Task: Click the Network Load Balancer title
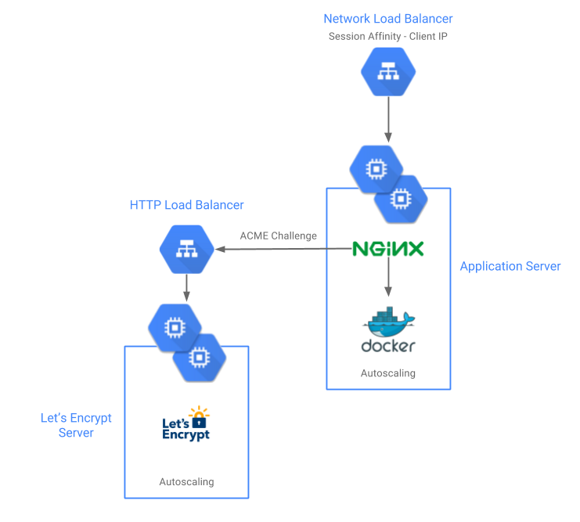tap(388, 19)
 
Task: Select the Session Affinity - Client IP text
tap(388, 36)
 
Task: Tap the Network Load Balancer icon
tap(388, 71)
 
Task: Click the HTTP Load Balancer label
tap(187, 205)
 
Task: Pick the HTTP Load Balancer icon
tap(187, 250)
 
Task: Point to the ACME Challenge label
tap(278, 236)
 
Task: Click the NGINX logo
tap(388, 249)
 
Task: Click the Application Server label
tap(510, 266)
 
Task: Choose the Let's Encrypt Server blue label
tap(76, 425)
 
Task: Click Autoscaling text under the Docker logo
tap(388, 373)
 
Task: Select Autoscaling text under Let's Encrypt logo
tap(186, 481)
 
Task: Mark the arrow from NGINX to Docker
tap(388, 278)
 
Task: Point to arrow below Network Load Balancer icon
tap(388, 121)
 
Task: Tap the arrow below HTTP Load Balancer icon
tap(186, 287)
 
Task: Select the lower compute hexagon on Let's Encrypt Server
tap(199, 357)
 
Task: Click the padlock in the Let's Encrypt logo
tap(200, 421)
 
